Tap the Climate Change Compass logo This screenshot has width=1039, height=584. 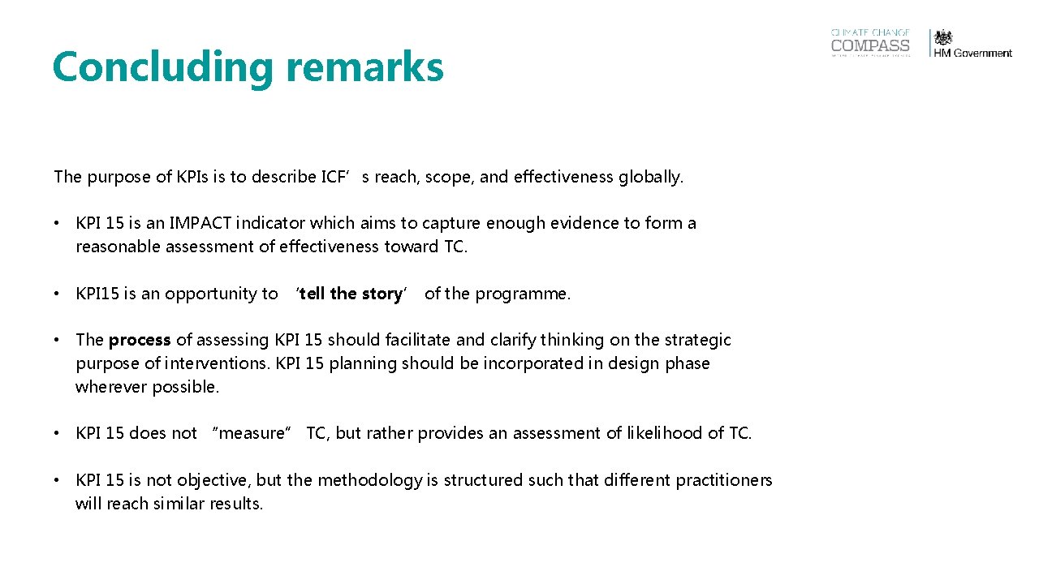[870, 43]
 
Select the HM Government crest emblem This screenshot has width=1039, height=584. [943, 37]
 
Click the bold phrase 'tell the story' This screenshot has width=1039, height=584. [351, 294]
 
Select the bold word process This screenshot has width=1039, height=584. [140, 340]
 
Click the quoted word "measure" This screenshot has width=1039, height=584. [252, 433]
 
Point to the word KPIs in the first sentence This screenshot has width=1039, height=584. [193, 177]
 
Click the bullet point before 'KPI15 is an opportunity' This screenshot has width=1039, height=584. [58, 294]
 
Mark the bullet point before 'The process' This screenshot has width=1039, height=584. [58, 340]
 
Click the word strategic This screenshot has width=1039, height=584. [698, 340]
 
